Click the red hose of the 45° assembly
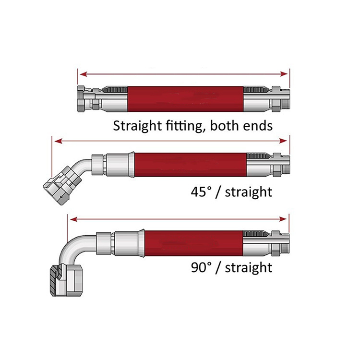[190, 164]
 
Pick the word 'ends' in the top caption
[258, 126]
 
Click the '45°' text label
[201, 192]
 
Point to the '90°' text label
[201, 267]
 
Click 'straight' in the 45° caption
[249, 192]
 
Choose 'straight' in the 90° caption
[249, 267]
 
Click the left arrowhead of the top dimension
[82, 74]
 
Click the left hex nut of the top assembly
[83, 99]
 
